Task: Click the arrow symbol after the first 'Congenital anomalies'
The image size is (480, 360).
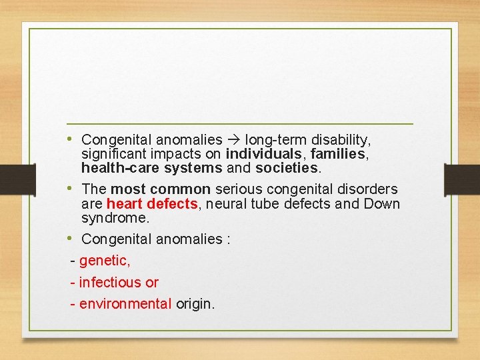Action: tap(234, 140)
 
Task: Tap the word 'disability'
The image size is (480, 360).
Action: tap(338, 140)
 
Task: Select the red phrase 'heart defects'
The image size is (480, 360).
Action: tap(152, 204)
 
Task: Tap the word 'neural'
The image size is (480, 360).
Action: tap(223, 204)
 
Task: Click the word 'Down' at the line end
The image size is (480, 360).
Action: tap(383, 204)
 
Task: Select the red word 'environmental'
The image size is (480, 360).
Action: tap(125, 304)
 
